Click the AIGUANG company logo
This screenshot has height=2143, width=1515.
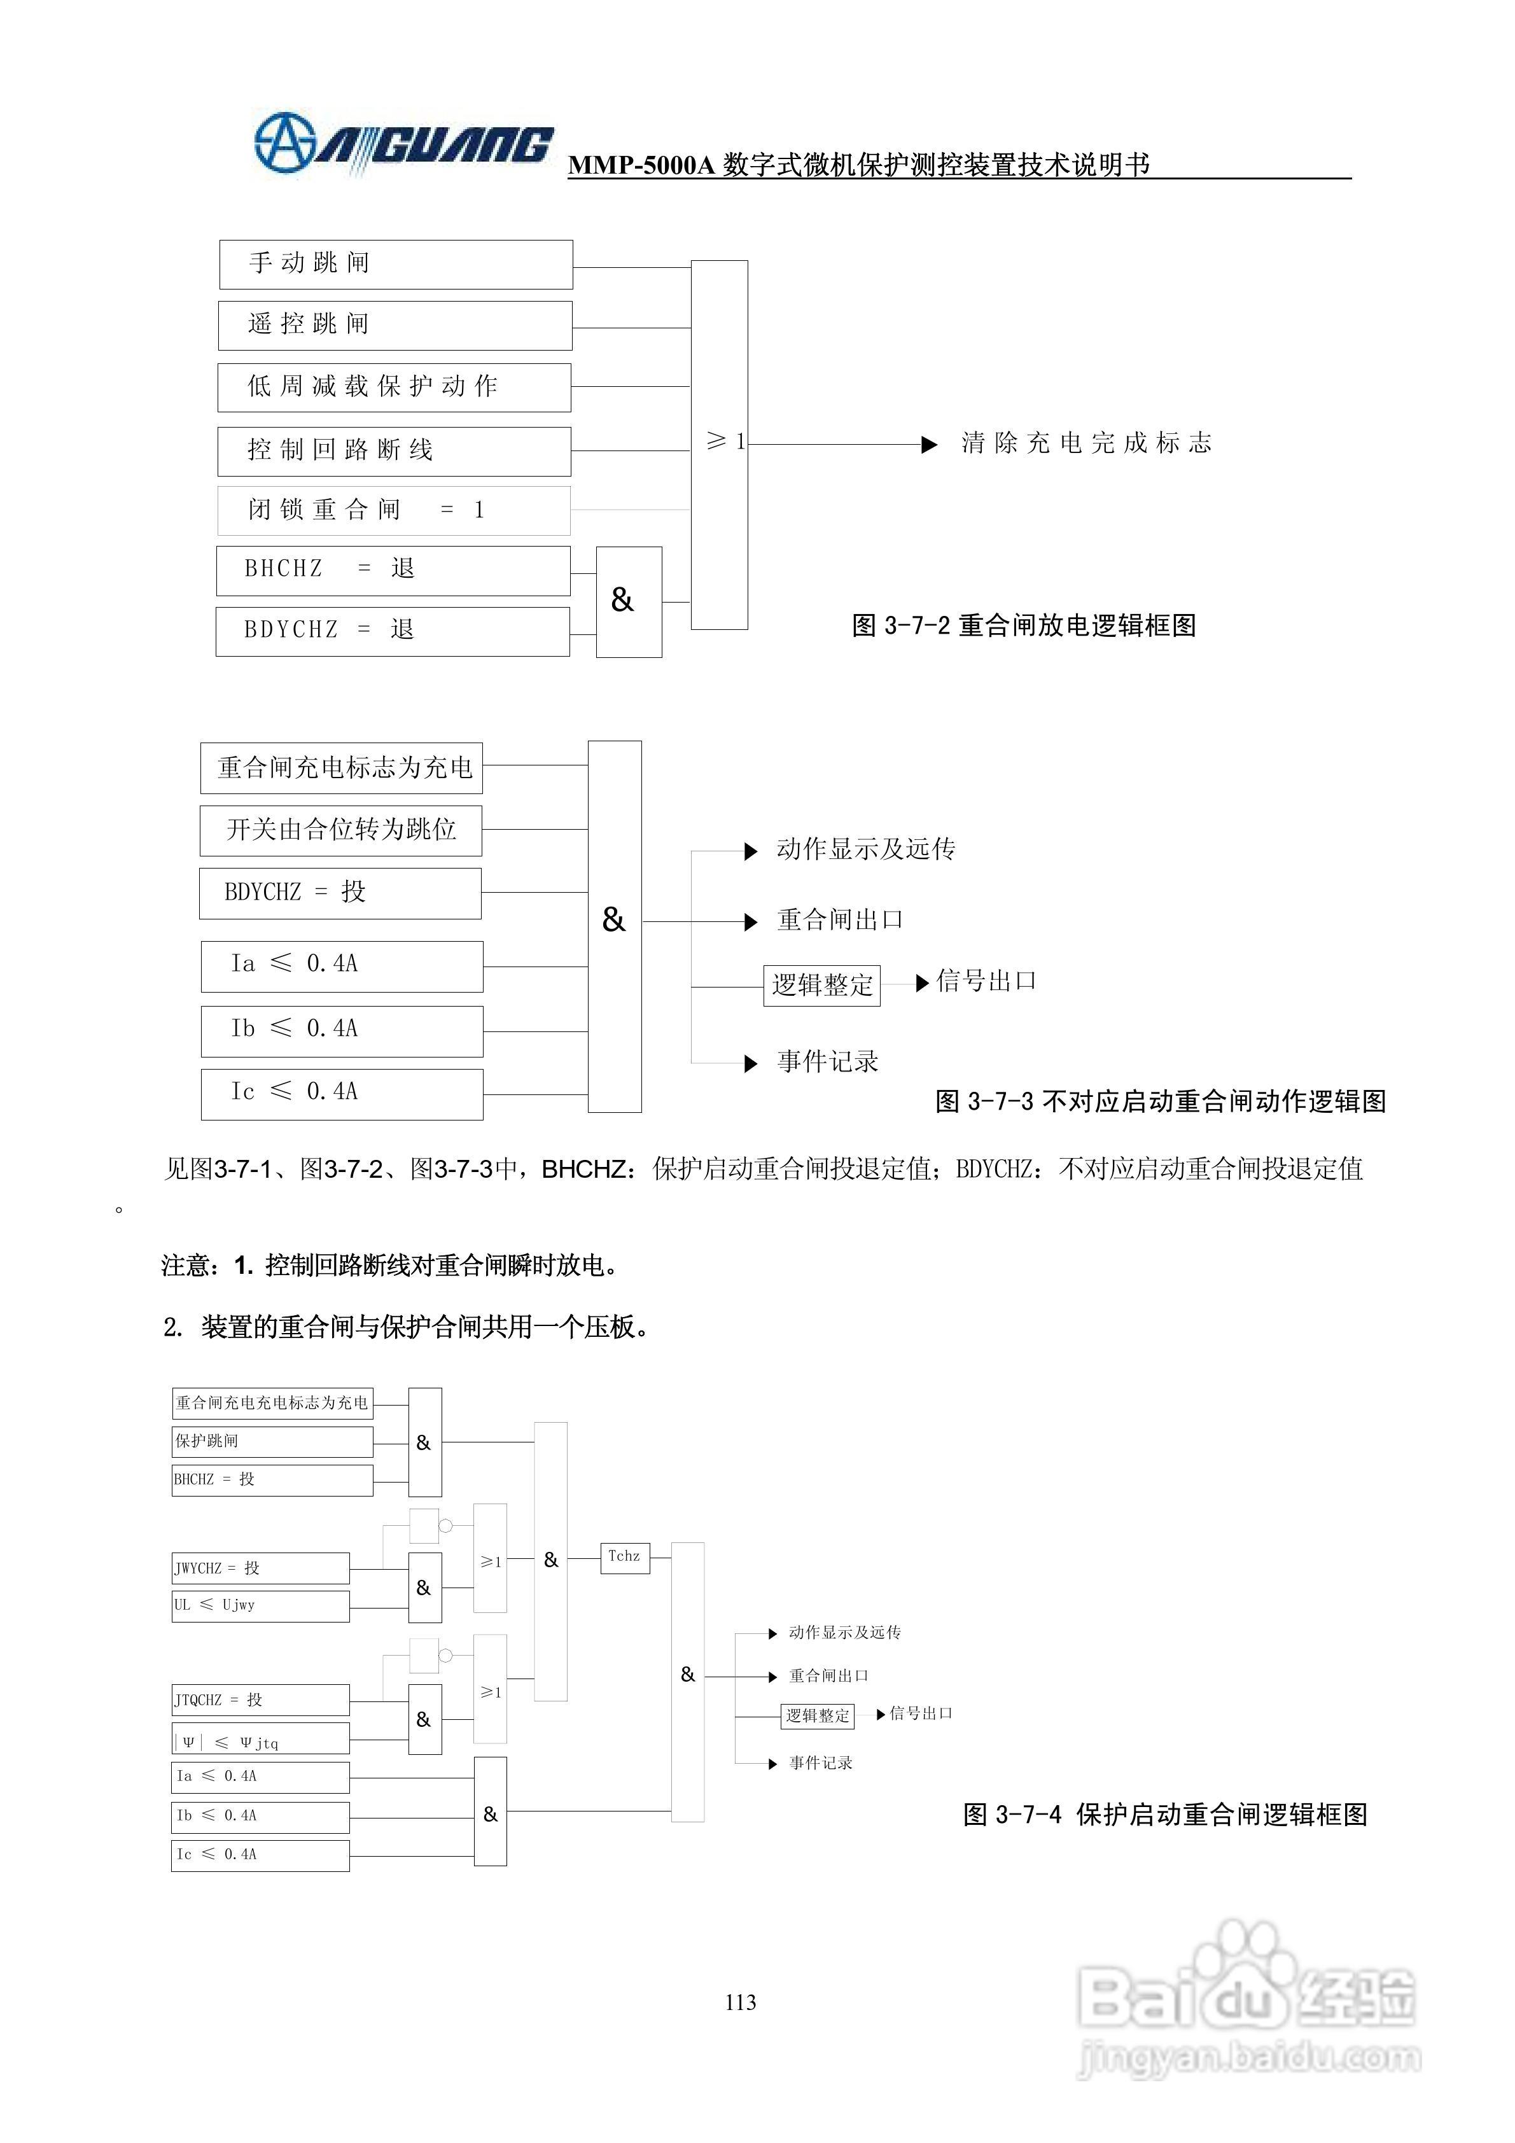(403, 144)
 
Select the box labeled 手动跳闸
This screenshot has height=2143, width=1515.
(396, 264)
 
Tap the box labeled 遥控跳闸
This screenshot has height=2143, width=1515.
(395, 325)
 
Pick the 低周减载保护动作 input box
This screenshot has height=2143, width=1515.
(394, 387)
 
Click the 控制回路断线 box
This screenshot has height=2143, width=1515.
(394, 451)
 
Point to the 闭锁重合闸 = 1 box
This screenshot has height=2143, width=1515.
(393, 510)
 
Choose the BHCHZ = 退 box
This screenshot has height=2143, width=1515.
(393, 570)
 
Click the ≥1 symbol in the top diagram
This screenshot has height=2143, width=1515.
(725, 442)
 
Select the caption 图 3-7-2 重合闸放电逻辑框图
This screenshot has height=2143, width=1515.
(1023, 625)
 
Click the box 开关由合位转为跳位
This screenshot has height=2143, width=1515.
(340, 830)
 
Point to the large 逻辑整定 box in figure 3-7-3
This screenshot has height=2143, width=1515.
(821, 985)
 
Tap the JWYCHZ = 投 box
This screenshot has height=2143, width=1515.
(260, 1568)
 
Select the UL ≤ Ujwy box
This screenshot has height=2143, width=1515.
(260, 1605)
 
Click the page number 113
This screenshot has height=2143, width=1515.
(740, 2002)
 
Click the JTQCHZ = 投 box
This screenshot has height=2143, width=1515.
(260, 1700)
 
